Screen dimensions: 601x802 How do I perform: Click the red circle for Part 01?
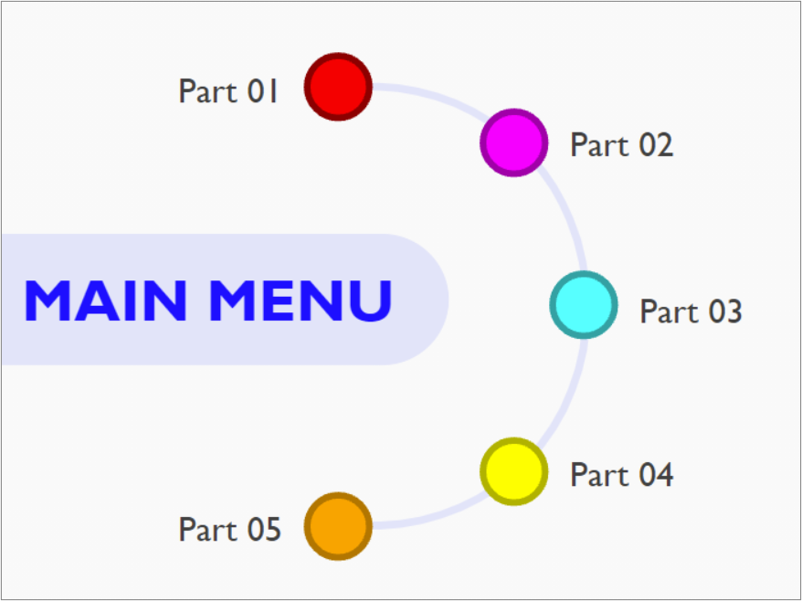(338, 87)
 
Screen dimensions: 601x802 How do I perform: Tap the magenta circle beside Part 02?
(513, 142)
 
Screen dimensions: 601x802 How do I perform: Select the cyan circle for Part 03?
(583, 305)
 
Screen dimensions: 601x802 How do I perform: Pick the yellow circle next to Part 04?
(513, 471)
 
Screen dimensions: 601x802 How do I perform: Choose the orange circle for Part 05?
(338, 526)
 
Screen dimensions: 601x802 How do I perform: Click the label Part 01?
(227, 91)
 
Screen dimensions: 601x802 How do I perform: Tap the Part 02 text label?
(621, 144)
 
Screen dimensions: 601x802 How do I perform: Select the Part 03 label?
(691, 311)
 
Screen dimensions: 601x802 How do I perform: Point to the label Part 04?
(621, 475)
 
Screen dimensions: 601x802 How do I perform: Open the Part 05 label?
(229, 530)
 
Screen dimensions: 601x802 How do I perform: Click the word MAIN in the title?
(106, 300)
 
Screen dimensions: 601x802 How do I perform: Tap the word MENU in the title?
(301, 300)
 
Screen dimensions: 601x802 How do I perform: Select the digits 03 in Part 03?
(724, 311)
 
